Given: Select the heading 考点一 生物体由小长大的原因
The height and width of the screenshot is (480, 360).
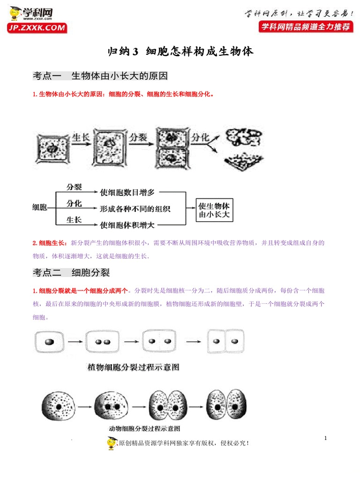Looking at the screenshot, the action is (x=100, y=76).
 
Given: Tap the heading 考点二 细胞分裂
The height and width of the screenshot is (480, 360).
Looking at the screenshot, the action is (x=71, y=272).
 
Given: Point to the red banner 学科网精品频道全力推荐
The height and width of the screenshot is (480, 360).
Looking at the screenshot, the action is (x=306, y=27).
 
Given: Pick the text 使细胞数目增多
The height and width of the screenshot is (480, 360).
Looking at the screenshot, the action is (x=127, y=192).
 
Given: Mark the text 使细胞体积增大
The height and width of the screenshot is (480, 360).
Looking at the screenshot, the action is (x=127, y=225).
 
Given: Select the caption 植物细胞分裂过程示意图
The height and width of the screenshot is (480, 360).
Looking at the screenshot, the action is (x=134, y=367).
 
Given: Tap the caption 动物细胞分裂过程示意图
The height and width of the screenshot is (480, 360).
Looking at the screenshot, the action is (x=144, y=428).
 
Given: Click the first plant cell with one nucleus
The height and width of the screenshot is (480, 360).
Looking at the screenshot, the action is (x=49, y=343).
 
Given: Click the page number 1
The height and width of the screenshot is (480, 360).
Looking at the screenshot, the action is (x=325, y=438).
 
